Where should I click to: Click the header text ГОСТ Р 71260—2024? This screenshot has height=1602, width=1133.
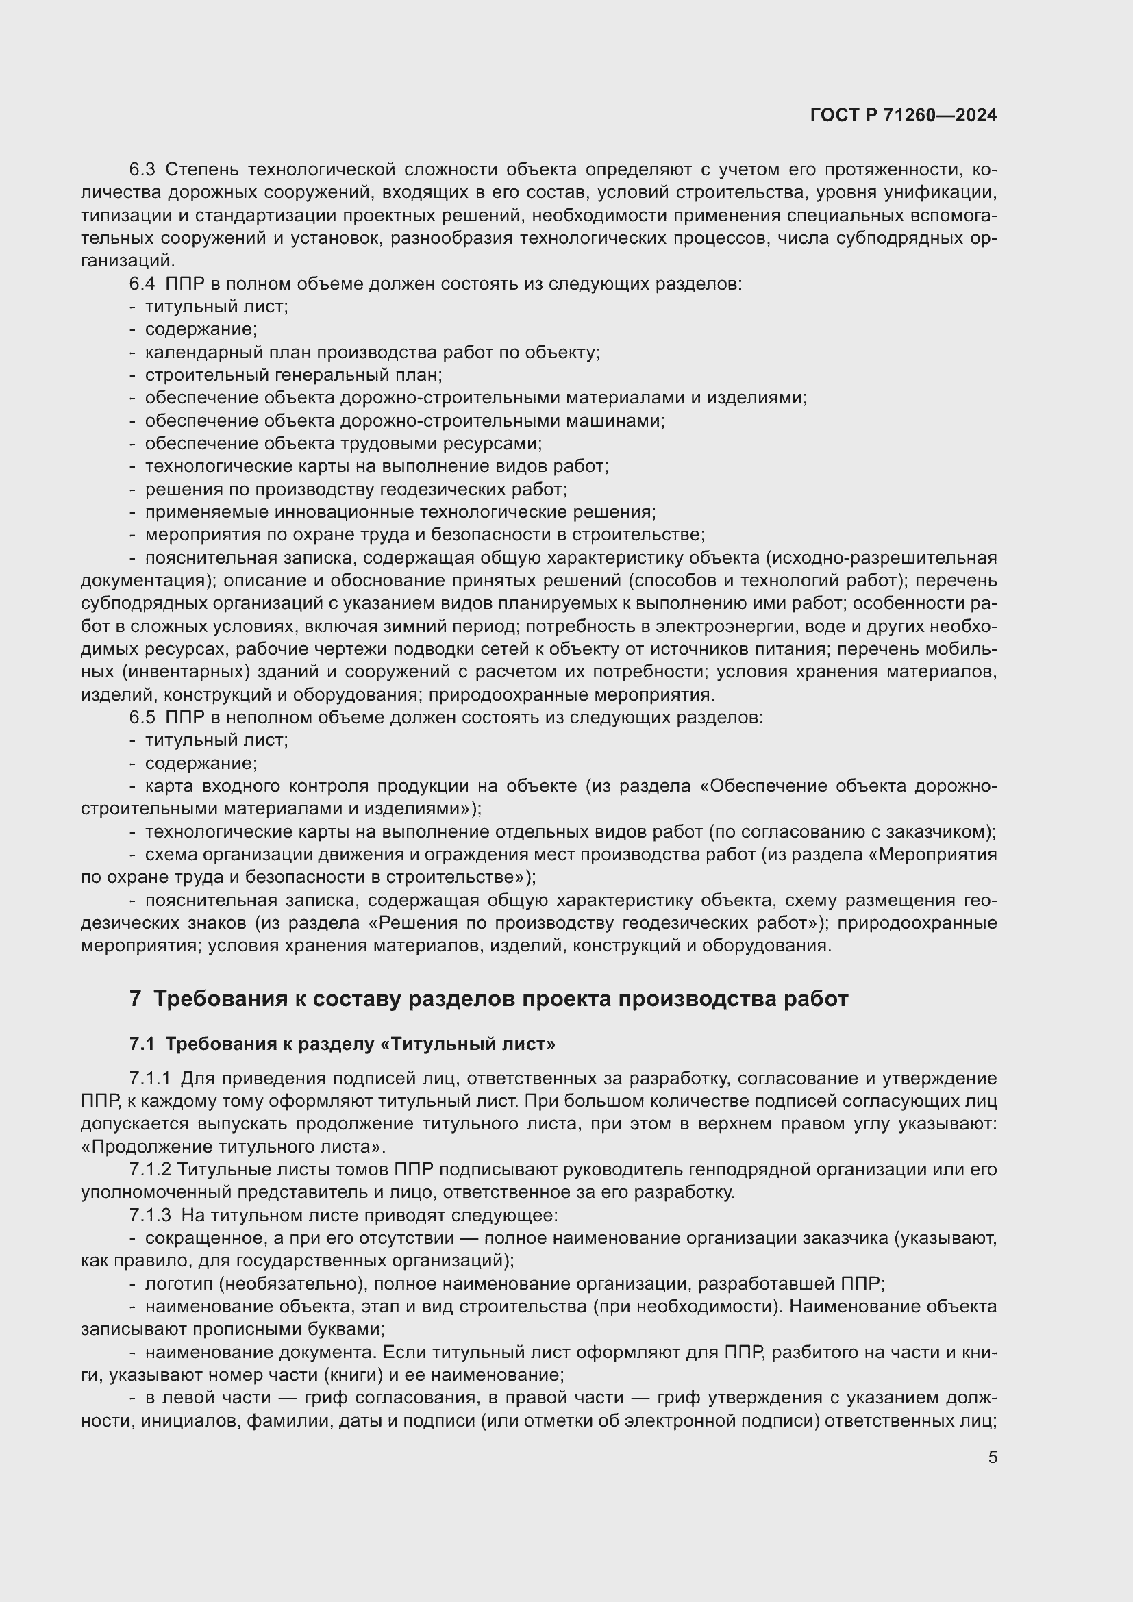pos(904,116)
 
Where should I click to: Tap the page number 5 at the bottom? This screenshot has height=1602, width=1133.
pos(992,1457)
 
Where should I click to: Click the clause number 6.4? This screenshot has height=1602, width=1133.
pos(142,284)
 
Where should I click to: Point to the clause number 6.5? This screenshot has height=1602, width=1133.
pos(142,717)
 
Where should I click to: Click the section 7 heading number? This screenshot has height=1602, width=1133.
pos(136,999)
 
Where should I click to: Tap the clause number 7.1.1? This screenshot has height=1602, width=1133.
pos(150,1078)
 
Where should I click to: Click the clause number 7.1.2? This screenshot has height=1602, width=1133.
pos(150,1169)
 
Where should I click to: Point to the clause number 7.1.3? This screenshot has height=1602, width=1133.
pos(150,1215)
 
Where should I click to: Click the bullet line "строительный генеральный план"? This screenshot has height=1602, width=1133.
pos(293,375)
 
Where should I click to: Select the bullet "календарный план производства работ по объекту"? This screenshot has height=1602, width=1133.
pos(372,352)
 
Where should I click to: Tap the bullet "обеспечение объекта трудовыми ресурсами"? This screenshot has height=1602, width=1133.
pos(343,444)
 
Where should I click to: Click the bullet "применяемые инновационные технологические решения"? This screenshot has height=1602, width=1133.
pos(400,512)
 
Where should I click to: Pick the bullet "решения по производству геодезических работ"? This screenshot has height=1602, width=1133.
pos(355,489)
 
